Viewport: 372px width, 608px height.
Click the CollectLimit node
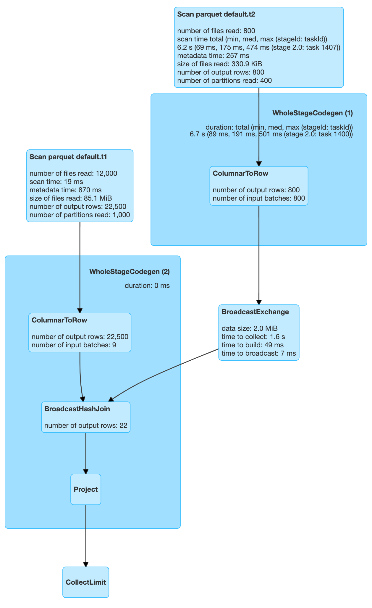point(86,582)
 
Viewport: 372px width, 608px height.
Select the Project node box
point(86,489)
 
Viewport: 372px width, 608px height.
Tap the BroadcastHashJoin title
point(77,409)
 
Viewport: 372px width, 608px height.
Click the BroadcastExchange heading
point(255,312)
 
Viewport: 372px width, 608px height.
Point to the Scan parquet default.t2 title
point(216,14)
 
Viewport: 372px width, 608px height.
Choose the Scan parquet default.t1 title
point(68,157)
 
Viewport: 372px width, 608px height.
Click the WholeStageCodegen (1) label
point(313,113)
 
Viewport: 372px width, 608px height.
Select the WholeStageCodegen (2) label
point(130,272)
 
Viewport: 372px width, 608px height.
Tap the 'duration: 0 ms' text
point(147,286)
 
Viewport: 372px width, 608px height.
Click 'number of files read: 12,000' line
point(73,173)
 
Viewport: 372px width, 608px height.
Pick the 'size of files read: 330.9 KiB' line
point(219,64)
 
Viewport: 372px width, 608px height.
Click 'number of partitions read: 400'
point(224,80)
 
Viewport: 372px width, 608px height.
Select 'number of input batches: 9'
point(74,345)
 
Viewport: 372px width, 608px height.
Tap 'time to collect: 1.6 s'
point(253,337)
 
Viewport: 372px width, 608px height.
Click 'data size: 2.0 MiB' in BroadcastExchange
point(250,328)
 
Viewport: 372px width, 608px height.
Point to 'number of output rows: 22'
point(86,425)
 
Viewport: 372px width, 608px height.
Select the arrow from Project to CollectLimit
point(86,536)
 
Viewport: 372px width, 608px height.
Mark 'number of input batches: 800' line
point(259,198)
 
